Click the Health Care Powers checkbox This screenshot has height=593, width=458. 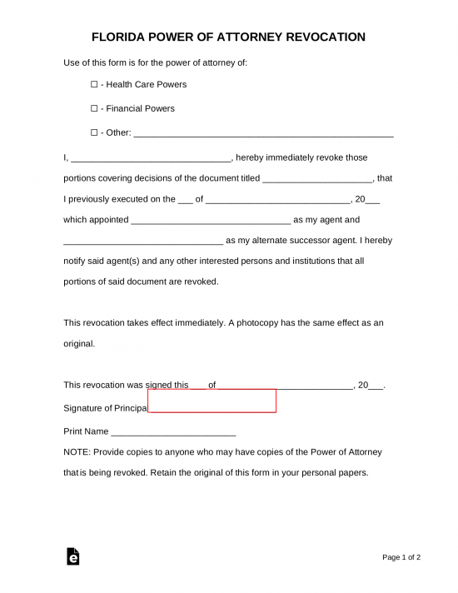tap(94, 84)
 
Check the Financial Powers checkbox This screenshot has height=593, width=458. tap(94, 108)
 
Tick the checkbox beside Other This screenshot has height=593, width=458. tap(94, 132)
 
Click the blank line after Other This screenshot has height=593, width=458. tap(263, 133)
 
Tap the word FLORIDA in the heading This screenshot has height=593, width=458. tap(119, 37)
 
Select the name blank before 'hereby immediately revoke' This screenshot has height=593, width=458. tap(151, 158)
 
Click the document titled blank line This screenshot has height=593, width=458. tap(318, 179)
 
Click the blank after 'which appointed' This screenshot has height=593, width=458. tap(211, 221)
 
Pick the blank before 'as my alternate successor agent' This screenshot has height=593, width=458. tap(143, 242)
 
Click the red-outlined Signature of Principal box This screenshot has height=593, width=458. tap(212, 401)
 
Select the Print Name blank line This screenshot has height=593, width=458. tap(173, 433)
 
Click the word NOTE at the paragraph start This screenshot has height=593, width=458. tap(77, 451)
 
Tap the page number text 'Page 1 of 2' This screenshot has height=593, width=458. tap(401, 556)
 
